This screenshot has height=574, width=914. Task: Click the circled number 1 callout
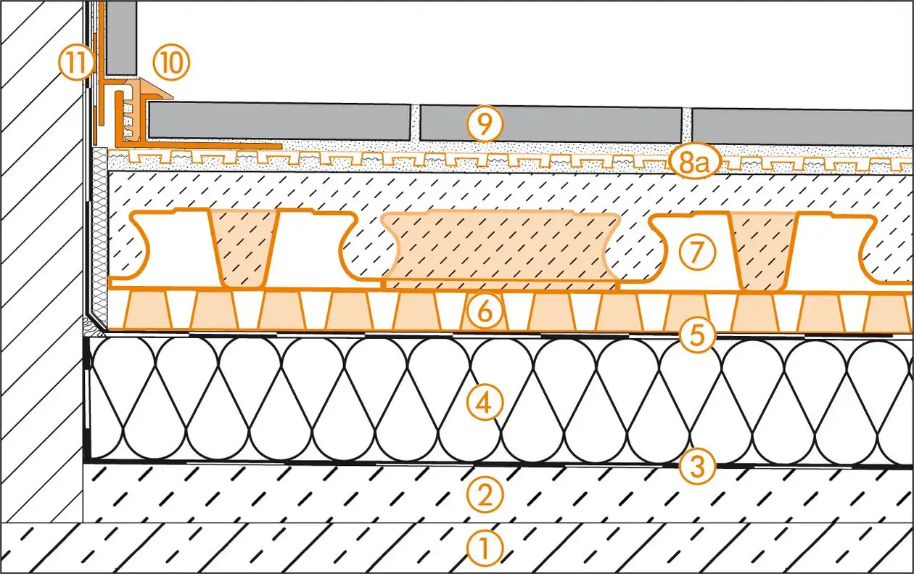(485, 549)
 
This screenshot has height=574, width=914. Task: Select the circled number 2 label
(485, 495)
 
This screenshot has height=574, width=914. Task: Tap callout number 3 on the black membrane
(696, 467)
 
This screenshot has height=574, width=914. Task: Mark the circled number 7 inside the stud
(697, 252)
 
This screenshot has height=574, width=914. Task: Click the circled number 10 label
(171, 64)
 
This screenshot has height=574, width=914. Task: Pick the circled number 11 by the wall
(75, 64)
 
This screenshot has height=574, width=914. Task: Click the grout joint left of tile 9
(415, 123)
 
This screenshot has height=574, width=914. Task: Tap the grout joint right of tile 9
(687, 124)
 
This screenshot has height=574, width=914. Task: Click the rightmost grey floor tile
(802, 127)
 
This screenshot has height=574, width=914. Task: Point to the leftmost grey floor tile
(279, 121)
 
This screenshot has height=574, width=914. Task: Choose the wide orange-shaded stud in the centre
(501, 247)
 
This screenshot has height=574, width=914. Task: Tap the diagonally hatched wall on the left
(40, 254)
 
